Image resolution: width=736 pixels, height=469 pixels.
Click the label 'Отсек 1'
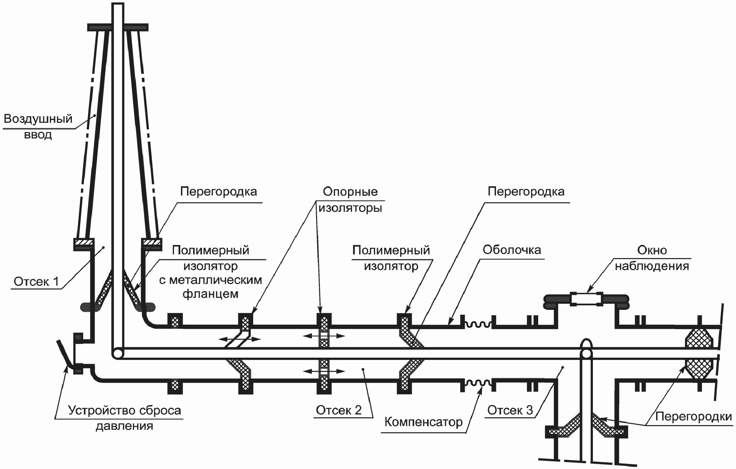[36, 282]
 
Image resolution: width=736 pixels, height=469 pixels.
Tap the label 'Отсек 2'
[339, 410]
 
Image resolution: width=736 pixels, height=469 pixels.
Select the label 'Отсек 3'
[510, 410]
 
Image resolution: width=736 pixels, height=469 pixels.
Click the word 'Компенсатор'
[423, 422]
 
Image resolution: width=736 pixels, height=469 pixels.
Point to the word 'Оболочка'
[512, 250]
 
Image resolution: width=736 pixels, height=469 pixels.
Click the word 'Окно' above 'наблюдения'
[652, 250]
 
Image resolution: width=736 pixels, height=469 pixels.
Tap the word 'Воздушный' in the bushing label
[38, 119]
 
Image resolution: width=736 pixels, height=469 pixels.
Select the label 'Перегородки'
[693, 417]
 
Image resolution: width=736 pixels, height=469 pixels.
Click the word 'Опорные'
[350, 192]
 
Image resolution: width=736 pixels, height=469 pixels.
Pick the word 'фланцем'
[210, 294]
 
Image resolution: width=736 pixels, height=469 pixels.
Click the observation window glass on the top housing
[586, 299]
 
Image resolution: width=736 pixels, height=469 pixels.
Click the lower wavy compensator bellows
[478, 383]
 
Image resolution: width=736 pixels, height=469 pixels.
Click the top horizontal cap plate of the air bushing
[118, 27]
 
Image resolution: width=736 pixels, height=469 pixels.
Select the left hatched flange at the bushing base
[83, 242]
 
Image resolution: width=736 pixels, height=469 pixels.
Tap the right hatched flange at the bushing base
[151, 242]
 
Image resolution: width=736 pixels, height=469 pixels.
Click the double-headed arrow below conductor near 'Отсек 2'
[324, 371]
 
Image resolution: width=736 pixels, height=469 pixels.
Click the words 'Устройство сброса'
[124, 411]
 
